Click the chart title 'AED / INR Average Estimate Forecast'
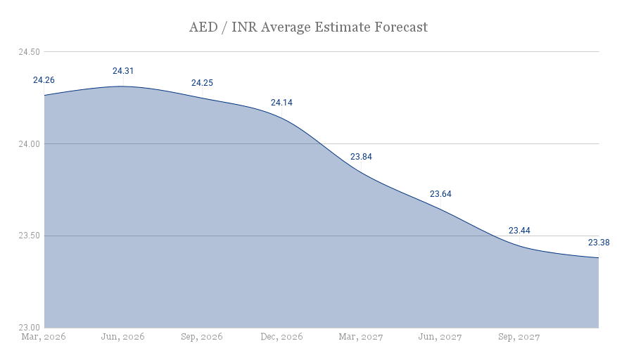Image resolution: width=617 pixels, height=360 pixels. point(308,27)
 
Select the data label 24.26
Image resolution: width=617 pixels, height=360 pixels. point(44,80)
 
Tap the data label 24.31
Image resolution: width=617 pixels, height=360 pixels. point(123,71)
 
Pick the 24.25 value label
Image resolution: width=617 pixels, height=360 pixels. point(202,83)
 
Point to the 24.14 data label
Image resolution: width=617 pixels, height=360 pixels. point(281,103)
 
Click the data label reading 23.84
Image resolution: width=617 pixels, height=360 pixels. point(361,157)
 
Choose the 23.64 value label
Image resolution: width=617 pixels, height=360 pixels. point(440,194)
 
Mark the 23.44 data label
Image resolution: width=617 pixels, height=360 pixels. point(519,231)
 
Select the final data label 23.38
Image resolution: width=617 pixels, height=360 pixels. point(599,243)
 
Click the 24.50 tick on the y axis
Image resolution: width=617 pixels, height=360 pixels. point(30,52)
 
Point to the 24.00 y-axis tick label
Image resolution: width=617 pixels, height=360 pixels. point(30,144)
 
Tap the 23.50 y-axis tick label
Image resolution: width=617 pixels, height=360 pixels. point(30,236)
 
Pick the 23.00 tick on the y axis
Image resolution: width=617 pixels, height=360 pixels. point(30,328)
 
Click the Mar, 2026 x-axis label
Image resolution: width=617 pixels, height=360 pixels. point(44,337)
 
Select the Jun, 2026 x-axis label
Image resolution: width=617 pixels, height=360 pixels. point(123,337)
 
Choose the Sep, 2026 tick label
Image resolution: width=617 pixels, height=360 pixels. point(202,337)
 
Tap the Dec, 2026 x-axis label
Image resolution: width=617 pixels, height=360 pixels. point(281,337)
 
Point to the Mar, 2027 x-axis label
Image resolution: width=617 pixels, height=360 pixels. point(361,337)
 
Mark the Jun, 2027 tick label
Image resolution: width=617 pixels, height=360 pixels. point(440,337)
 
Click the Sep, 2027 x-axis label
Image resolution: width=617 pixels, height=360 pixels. point(519,337)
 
